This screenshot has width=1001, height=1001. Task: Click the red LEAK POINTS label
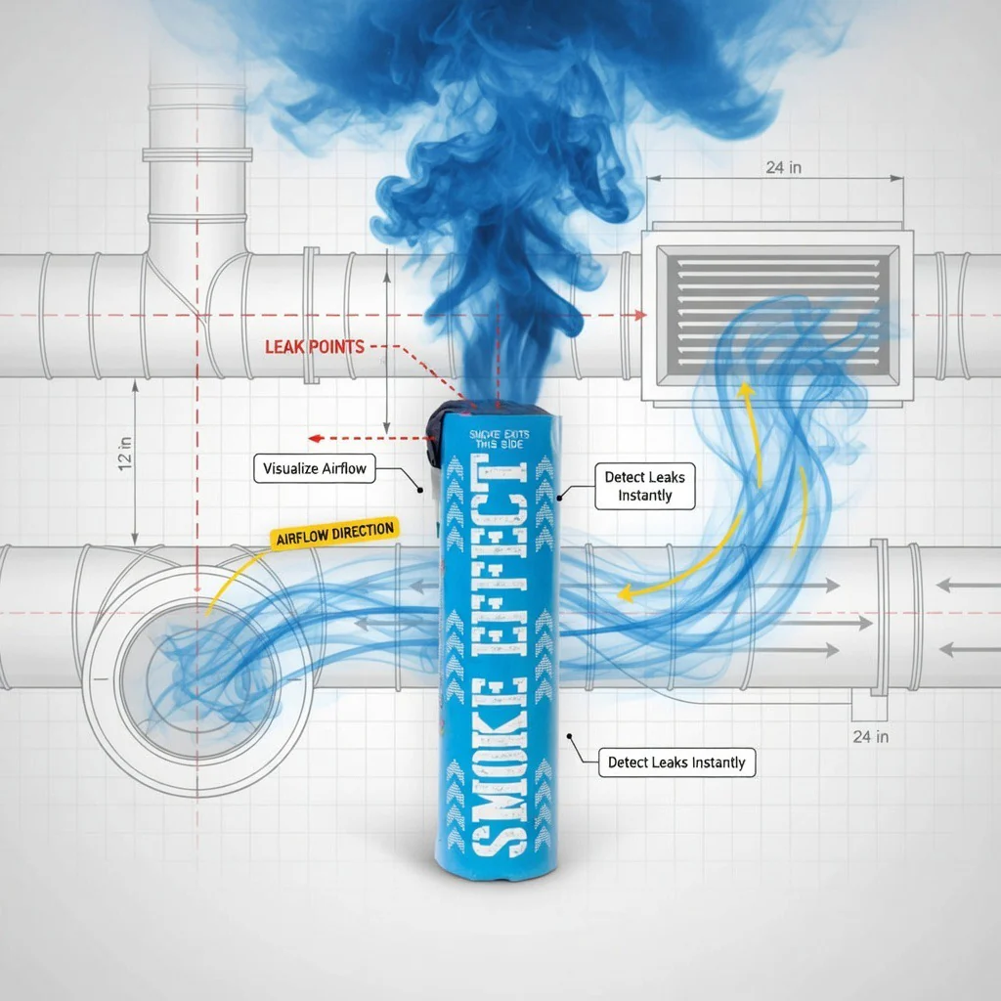pos(314,346)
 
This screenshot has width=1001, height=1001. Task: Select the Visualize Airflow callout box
pos(315,468)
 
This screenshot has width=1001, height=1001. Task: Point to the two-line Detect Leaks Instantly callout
pos(645,486)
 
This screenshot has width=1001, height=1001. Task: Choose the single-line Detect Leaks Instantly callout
pos(676,762)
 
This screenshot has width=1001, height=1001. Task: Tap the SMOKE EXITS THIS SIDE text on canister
pos(497,439)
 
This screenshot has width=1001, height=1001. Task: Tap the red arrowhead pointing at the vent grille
pos(640,315)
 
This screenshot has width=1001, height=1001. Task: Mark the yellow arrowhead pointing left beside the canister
pos(622,590)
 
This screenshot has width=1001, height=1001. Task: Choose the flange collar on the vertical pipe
pos(197,154)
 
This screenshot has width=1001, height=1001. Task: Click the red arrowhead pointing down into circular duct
pos(197,587)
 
